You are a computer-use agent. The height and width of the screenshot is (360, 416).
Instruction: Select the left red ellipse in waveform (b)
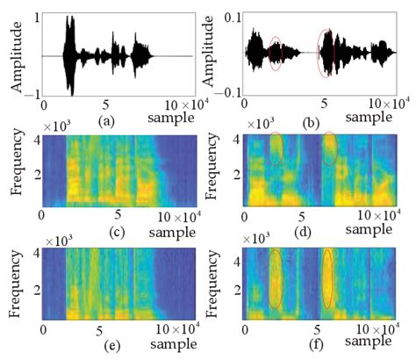coord(275,54)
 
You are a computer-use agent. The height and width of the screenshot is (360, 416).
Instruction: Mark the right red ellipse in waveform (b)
coord(326,54)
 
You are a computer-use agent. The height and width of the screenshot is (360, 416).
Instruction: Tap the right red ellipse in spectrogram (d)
coord(329,149)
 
